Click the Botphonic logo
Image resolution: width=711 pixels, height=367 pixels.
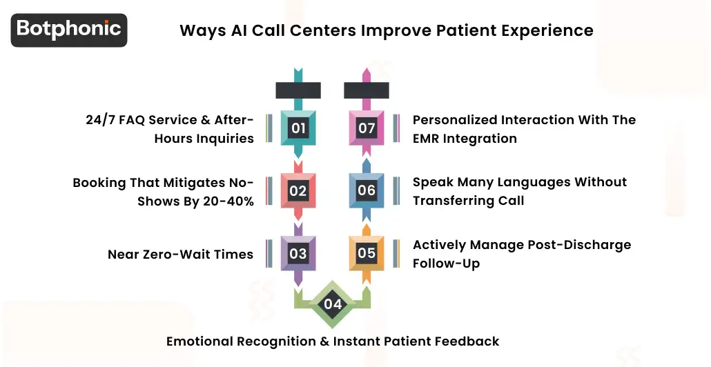point(69,30)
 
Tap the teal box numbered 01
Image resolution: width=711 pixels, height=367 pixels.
point(298,128)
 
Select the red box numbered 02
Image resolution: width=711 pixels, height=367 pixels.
point(298,190)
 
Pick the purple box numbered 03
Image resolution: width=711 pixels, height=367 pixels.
point(298,253)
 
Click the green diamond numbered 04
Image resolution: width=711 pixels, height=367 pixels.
point(333,304)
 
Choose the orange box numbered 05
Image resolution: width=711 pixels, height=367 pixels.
point(367,253)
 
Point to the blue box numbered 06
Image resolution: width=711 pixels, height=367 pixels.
point(367,190)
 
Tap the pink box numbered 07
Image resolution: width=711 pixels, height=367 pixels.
point(367,128)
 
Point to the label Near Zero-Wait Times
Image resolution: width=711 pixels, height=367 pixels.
point(180,255)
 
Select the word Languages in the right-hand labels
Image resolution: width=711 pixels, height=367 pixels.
point(519,182)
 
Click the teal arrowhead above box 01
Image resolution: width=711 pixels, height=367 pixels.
point(298,73)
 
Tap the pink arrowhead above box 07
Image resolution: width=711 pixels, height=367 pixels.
point(367,73)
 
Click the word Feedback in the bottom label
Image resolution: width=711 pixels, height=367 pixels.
point(468,341)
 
